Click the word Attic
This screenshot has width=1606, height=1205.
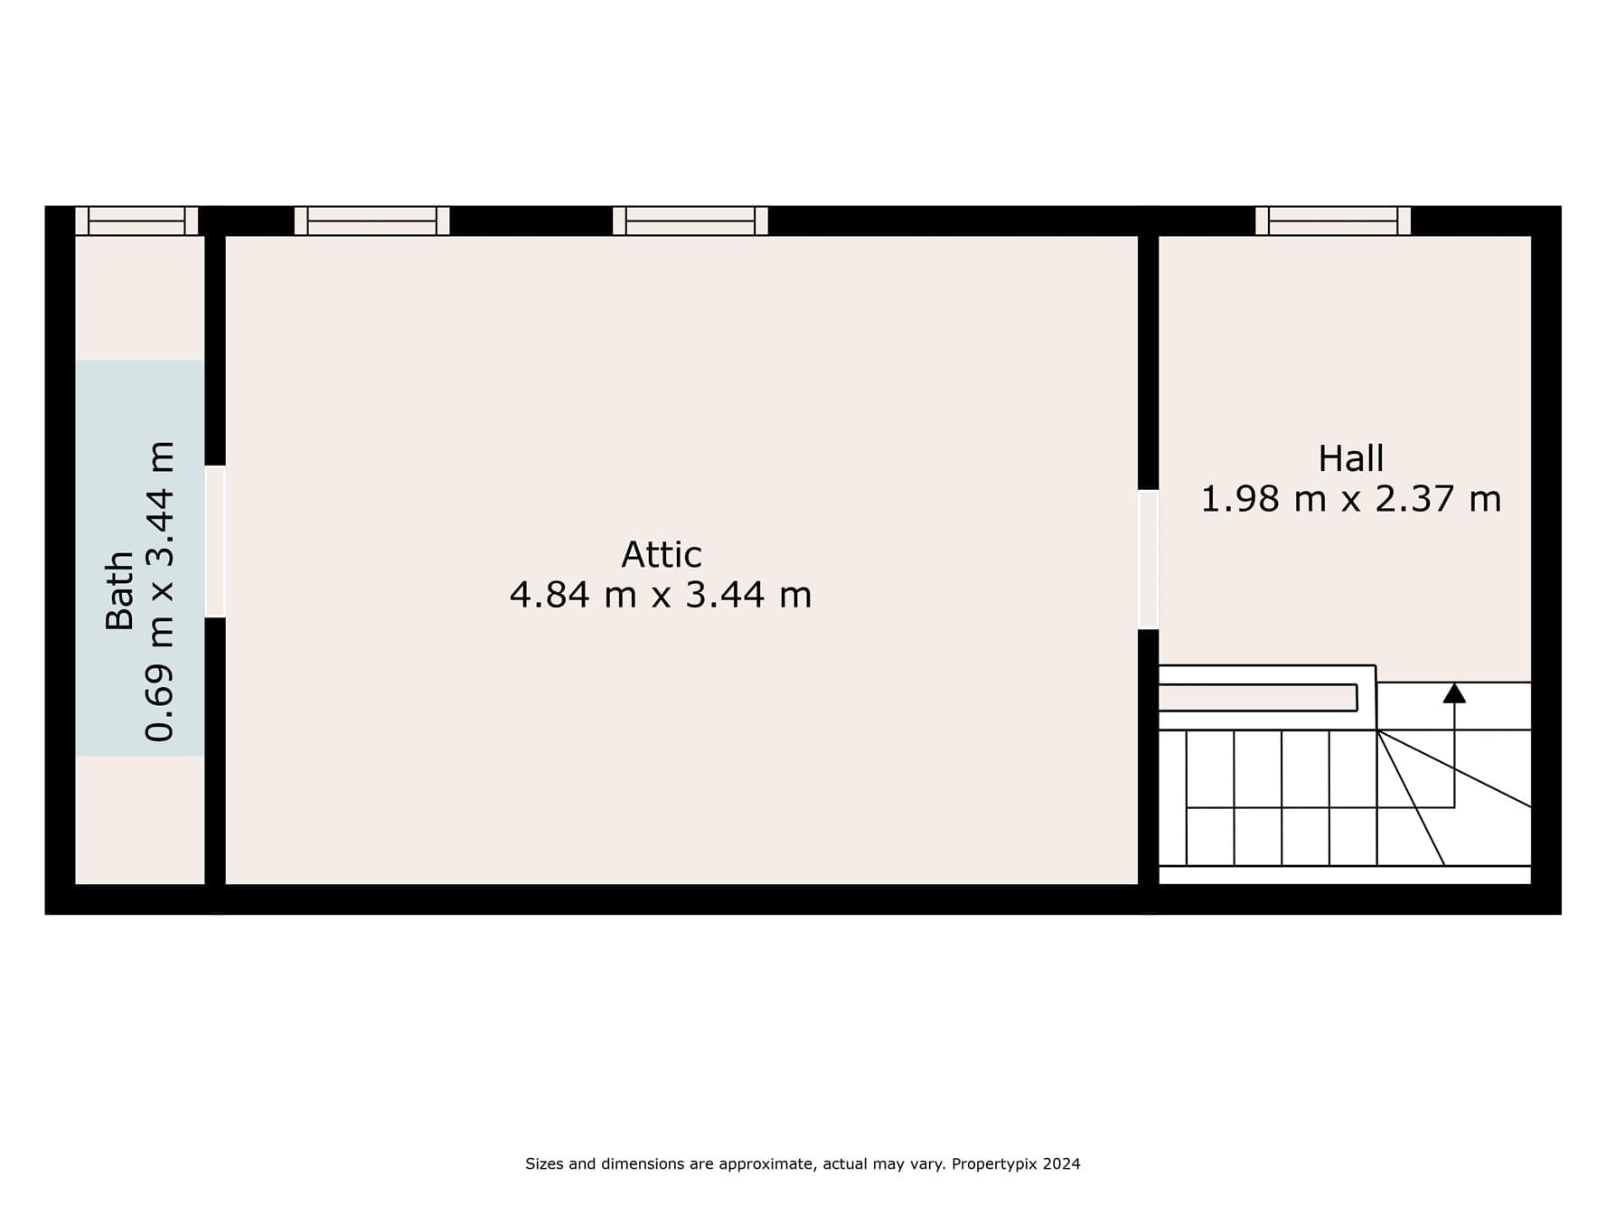pyautogui.click(x=662, y=554)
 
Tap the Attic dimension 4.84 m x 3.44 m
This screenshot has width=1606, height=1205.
pyautogui.click(x=661, y=595)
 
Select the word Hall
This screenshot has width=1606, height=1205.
pyautogui.click(x=1351, y=459)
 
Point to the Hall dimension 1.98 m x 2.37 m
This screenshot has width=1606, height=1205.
pyautogui.click(x=1351, y=499)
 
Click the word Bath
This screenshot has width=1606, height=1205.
pyautogui.click(x=120, y=590)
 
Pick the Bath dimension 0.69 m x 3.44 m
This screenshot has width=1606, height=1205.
pyautogui.click(x=160, y=592)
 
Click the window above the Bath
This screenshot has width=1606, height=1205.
pyautogui.click(x=136, y=221)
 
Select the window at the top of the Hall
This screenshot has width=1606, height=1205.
pyautogui.click(x=1333, y=221)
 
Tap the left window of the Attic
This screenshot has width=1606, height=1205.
pyautogui.click(x=372, y=221)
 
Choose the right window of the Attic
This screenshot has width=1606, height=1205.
pyautogui.click(x=690, y=221)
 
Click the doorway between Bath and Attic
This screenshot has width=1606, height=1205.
pyautogui.click(x=215, y=541)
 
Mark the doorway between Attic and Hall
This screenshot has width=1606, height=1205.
pyautogui.click(x=1148, y=560)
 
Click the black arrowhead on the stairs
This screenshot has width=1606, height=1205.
pyautogui.click(x=1454, y=693)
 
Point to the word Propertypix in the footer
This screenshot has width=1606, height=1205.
pyautogui.click(x=994, y=1164)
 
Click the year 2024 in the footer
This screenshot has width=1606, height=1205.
pyautogui.click(x=1062, y=1164)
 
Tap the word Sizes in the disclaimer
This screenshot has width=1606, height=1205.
pyautogui.click(x=544, y=1164)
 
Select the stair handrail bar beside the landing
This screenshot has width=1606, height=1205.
pyautogui.click(x=1258, y=698)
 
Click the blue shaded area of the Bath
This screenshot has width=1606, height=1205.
pyautogui.click(x=140, y=558)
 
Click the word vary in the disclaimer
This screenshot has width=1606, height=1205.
pyautogui.click(x=931, y=1165)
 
